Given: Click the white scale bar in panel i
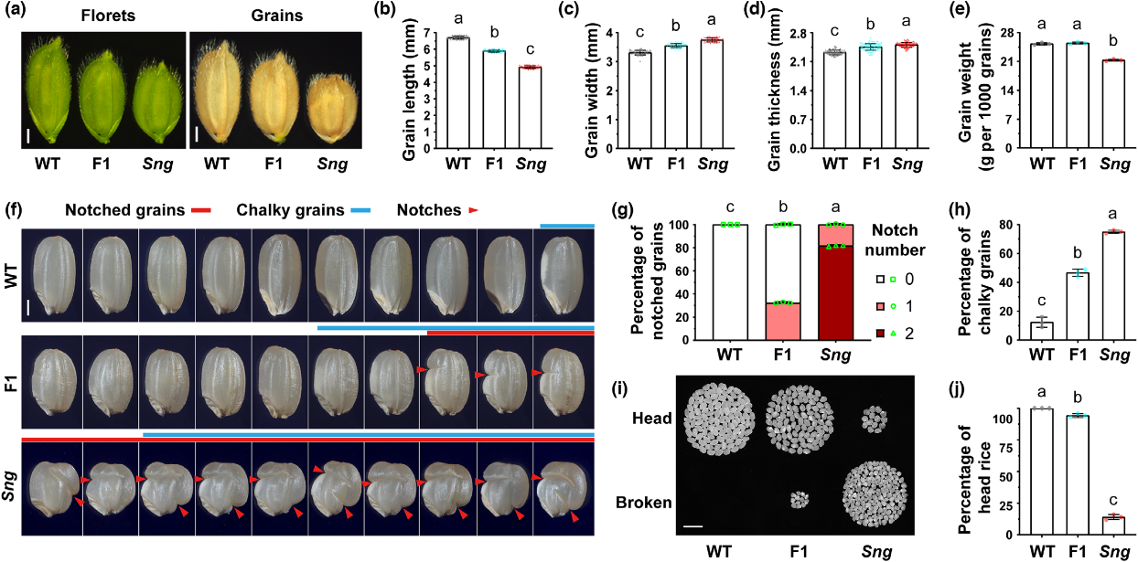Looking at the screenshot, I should tap(692, 526).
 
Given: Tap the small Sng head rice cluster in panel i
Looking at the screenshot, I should tap(875, 420).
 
